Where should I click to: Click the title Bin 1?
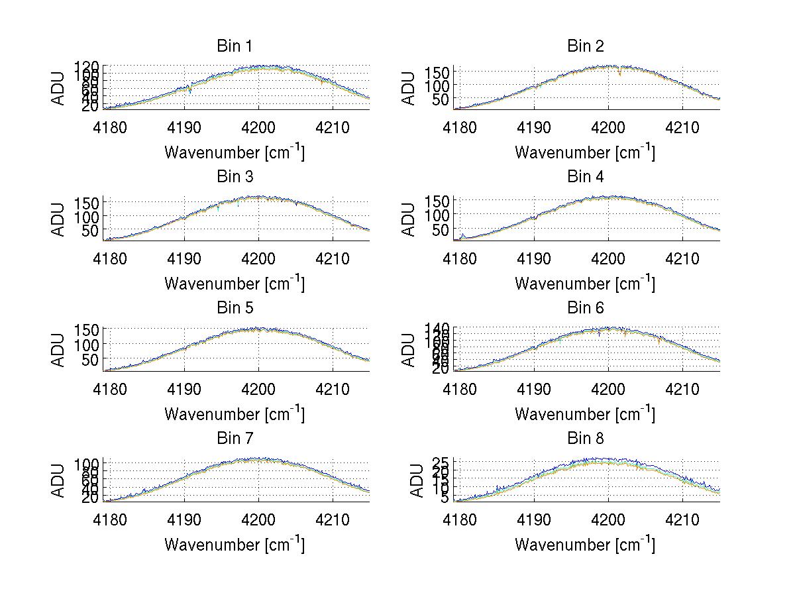tap(234, 46)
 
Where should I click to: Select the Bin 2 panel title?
tap(585, 46)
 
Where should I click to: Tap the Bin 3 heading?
tap(234, 177)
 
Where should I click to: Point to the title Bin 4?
tap(585, 177)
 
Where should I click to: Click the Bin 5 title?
tap(234, 308)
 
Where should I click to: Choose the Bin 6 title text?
tap(585, 308)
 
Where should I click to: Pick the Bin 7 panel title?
tap(234, 439)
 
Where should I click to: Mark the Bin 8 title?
tap(585, 439)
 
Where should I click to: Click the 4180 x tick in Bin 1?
tap(110, 127)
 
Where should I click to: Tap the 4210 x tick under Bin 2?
tap(682, 127)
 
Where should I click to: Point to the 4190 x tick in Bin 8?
tap(534, 520)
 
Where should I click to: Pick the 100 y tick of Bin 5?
tap(87, 344)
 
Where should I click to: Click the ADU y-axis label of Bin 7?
tap(59, 480)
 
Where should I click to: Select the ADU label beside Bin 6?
tap(409, 350)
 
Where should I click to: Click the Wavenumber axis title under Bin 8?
tap(585, 545)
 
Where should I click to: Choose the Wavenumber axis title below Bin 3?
tap(234, 283)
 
